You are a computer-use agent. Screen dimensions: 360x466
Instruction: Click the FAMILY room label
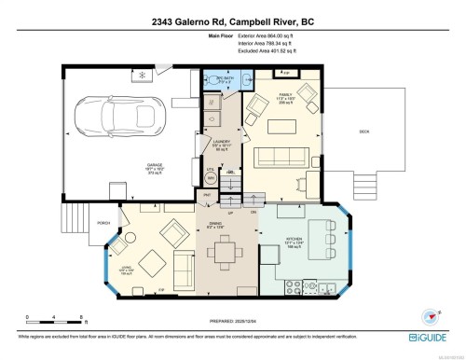[x=288, y=94]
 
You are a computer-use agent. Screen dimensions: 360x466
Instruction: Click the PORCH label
[x=103, y=222]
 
